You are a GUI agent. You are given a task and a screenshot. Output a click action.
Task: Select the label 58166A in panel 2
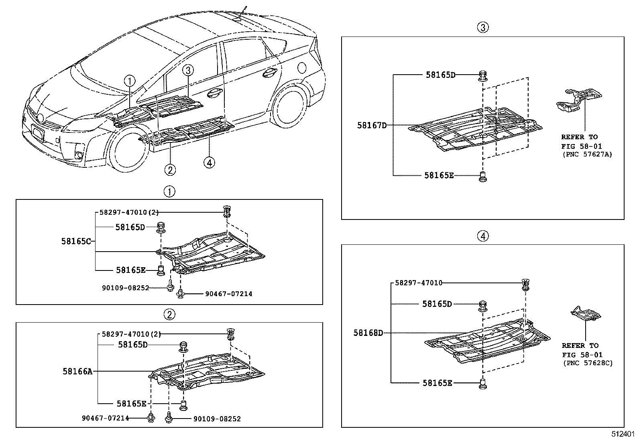(x=77, y=372)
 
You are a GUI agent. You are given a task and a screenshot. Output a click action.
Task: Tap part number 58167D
(x=372, y=126)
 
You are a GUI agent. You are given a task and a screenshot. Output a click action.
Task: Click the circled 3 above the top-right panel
(x=482, y=27)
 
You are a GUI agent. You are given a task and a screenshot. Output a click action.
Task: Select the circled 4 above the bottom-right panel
(x=482, y=236)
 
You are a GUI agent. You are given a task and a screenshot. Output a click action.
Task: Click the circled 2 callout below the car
(x=170, y=170)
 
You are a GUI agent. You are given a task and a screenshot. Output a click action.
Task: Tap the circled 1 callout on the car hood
(x=130, y=81)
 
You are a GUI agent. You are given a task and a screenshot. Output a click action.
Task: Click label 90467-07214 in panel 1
(x=229, y=294)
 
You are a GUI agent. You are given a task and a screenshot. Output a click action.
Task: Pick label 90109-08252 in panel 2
(x=217, y=419)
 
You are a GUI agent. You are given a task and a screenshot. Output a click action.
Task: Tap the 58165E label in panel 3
(x=439, y=175)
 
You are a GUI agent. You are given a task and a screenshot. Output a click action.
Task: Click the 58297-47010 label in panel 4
(x=419, y=283)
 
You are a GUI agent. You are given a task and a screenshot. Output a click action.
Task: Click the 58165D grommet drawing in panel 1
(x=161, y=228)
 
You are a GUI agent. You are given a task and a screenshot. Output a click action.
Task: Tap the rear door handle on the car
(x=269, y=73)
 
